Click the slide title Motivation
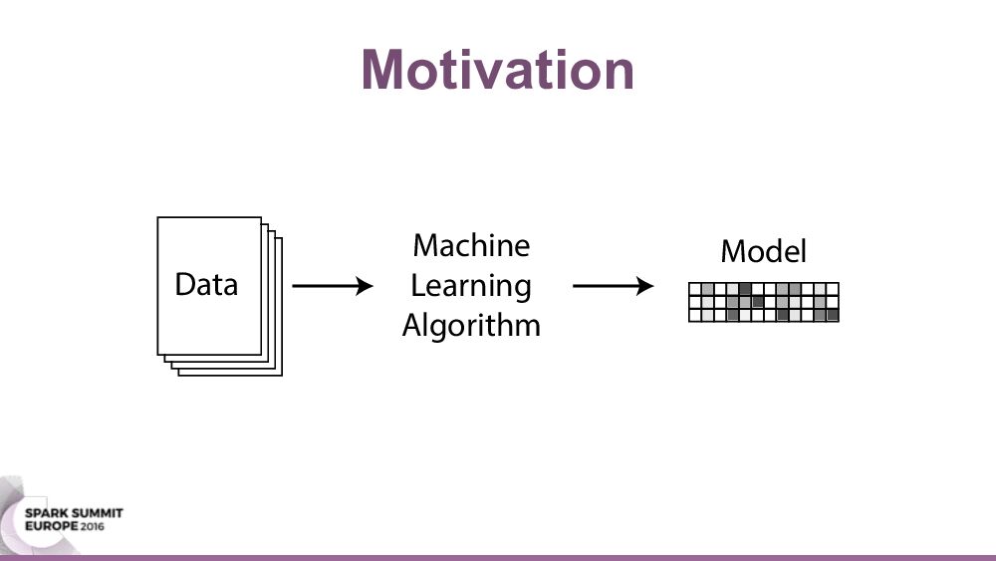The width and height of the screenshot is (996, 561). tap(498, 70)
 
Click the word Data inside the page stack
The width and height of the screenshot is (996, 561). tap(206, 284)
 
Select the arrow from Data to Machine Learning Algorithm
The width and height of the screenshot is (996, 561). tap(333, 286)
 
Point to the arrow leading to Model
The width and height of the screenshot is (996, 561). tap(613, 286)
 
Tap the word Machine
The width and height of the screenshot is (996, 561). tap(471, 245)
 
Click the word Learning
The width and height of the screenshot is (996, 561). tap(471, 286)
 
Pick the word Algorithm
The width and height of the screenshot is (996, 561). tap(471, 325)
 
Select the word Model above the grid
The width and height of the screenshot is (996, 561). tap(764, 251)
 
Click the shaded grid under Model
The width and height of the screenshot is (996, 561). tap(764, 302)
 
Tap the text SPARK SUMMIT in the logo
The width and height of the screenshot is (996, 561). tap(74, 513)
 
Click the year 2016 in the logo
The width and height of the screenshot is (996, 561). tap(92, 526)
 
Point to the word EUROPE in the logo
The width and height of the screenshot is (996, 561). tap(52, 526)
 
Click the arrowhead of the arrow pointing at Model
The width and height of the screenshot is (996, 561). tap(645, 286)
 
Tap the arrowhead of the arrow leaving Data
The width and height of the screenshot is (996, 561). tap(365, 286)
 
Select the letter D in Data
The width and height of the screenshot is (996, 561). tap(185, 284)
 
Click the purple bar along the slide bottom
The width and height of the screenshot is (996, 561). tap(498, 558)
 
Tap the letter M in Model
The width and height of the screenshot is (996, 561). tap(733, 251)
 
